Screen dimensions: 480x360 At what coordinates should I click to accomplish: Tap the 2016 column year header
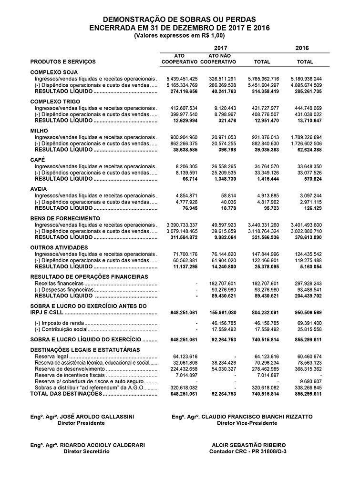click(x=302, y=48)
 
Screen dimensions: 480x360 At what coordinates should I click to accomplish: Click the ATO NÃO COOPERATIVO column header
click(x=218, y=59)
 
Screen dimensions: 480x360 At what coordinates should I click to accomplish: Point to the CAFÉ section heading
click(x=38, y=160)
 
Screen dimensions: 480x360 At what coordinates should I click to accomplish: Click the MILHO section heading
click(x=40, y=131)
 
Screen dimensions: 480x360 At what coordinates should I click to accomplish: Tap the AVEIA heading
click(x=39, y=189)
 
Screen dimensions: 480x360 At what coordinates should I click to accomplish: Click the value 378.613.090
click(x=305, y=236)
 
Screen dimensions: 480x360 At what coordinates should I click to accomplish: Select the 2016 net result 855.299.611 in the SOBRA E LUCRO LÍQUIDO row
click(x=305, y=339)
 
